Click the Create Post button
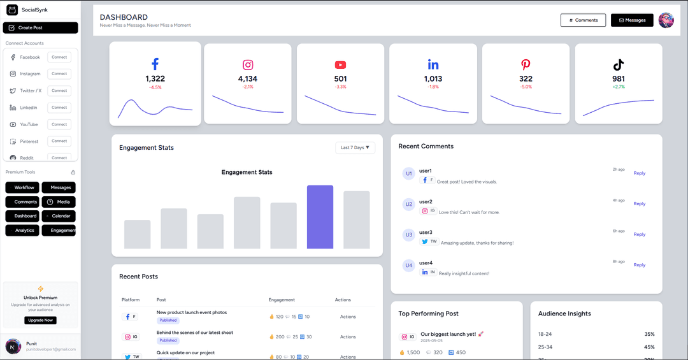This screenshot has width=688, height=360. click(40, 28)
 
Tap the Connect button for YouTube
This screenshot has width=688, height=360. click(59, 124)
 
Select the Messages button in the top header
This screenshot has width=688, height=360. click(632, 20)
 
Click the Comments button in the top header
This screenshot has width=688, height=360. click(583, 20)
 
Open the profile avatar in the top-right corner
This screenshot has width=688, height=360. click(666, 20)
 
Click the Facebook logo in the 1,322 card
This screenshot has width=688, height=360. click(155, 64)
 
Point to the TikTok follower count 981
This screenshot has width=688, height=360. click(618, 79)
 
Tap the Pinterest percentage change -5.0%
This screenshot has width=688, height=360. click(526, 87)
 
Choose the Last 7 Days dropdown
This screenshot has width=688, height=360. click(355, 148)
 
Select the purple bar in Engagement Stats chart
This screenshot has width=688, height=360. click(320, 217)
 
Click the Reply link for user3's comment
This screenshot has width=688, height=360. click(639, 234)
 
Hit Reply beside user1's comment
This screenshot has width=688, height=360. click(639, 173)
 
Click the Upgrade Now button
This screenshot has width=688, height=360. click(40, 320)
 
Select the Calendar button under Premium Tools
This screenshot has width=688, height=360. click(59, 216)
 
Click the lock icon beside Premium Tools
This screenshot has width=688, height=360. click(73, 172)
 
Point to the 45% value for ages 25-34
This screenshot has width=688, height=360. click(649, 347)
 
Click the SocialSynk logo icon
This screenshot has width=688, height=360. click(12, 10)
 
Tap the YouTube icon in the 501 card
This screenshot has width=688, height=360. click(340, 65)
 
